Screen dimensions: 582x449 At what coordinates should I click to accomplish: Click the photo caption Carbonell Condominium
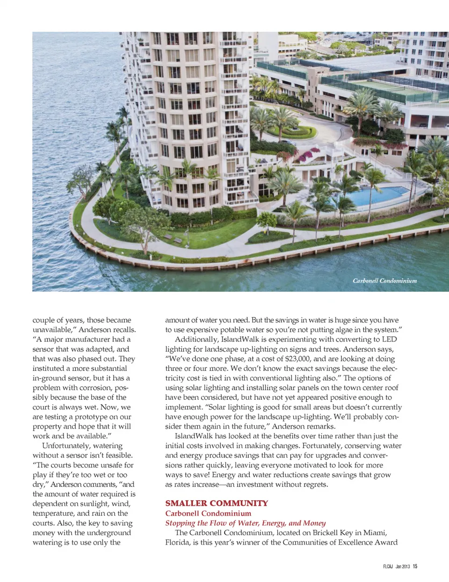[384, 280]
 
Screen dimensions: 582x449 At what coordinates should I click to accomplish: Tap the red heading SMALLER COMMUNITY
[217, 503]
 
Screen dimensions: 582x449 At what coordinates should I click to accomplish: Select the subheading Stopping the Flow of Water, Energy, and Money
[245, 523]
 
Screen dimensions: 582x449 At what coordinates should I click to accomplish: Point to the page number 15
[415, 566]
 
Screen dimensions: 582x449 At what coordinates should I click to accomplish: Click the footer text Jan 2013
[402, 566]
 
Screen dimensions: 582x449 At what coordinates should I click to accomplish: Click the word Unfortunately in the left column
[69, 445]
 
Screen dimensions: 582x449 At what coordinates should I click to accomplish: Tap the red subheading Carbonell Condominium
[208, 513]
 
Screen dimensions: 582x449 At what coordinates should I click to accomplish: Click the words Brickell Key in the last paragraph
[333, 532]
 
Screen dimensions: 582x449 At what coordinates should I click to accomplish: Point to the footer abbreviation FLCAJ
[388, 566]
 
